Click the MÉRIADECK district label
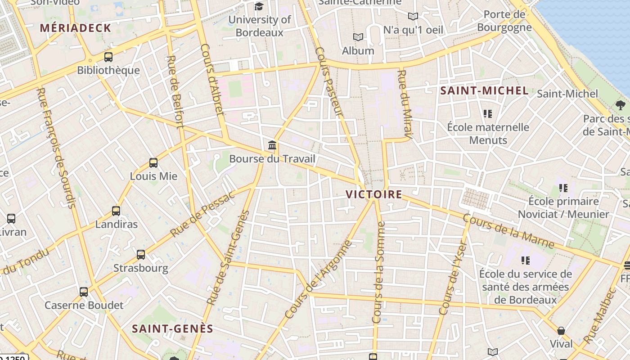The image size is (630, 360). (75, 28)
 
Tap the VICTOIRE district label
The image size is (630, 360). (373, 194)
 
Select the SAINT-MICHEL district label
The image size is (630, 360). (484, 90)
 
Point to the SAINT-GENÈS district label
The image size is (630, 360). (172, 329)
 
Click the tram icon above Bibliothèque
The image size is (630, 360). (108, 57)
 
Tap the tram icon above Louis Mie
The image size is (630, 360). (153, 163)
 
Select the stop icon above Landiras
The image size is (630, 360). (116, 211)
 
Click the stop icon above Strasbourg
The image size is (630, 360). (141, 255)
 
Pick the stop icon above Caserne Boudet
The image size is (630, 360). (84, 292)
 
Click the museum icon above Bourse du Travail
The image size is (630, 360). (272, 145)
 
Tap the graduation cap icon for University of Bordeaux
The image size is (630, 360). (259, 6)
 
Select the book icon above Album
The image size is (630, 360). (358, 37)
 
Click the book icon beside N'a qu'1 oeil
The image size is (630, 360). (413, 17)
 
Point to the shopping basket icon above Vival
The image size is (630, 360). (561, 331)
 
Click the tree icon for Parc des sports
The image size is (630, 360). (621, 105)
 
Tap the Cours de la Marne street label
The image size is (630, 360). (508, 232)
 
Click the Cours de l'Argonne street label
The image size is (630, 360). (318, 280)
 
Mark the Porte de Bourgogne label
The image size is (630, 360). (504, 21)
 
